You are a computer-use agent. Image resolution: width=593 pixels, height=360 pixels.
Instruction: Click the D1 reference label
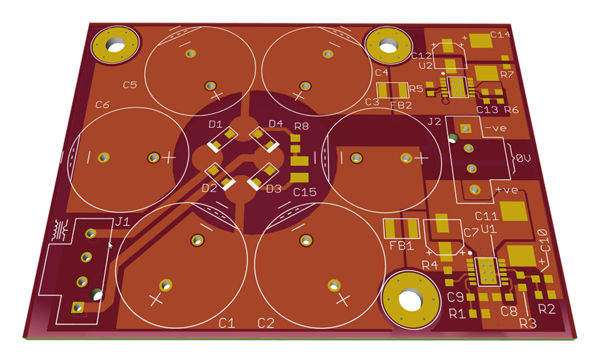point(215,124)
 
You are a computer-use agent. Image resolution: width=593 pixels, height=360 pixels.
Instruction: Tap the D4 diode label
point(276,124)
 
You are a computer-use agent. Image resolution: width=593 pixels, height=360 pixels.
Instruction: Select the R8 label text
point(301,126)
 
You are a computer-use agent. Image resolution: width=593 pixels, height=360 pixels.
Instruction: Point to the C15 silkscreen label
point(305,192)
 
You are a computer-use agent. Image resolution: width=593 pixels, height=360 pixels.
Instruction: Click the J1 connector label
point(122,221)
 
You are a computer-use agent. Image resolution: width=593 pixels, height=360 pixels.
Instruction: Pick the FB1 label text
point(401,246)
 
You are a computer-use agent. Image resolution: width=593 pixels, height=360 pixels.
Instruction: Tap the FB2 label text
point(401,105)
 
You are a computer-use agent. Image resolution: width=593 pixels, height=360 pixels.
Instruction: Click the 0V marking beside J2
point(523,158)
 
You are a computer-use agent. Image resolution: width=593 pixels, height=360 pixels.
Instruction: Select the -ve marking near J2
point(495,128)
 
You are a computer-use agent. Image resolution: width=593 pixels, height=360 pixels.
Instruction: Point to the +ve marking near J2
point(506,189)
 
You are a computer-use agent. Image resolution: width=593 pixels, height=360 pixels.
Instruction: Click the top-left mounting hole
point(116,45)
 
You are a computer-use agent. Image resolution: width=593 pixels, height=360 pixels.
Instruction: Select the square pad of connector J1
point(78,307)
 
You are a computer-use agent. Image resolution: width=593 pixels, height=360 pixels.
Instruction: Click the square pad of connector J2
point(466,129)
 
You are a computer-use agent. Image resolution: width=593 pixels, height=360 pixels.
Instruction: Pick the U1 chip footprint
point(487,271)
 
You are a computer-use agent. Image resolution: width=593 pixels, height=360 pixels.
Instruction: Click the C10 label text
point(544,240)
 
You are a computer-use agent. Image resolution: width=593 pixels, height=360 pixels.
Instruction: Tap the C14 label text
point(500,34)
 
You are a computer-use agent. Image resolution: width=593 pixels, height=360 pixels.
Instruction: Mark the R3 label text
point(528,323)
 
